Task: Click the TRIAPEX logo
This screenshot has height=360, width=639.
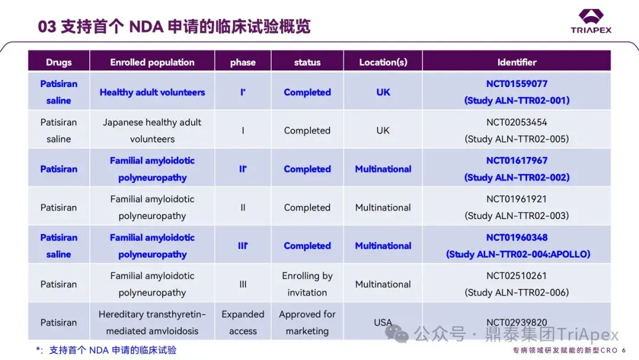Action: (x=590, y=21)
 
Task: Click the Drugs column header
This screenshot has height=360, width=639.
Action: (x=59, y=62)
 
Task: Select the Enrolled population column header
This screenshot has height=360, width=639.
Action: (x=152, y=62)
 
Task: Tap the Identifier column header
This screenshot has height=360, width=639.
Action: (x=517, y=62)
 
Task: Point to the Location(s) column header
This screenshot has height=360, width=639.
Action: (x=383, y=62)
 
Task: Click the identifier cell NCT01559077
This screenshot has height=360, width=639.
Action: (x=517, y=92)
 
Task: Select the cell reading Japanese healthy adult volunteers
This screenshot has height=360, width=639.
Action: (x=152, y=130)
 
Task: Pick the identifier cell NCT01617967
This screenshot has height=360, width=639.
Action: (x=517, y=169)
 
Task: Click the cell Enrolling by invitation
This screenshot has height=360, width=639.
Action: (x=307, y=284)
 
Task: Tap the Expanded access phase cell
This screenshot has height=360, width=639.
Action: (x=243, y=323)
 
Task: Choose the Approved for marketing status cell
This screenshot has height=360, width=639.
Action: (x=307, y=323)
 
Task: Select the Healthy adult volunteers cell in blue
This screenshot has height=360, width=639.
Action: (x=152, y=92)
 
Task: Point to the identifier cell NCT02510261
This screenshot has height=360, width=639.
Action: (x=517, y=284)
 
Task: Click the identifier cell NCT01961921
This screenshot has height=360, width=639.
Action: (x=517, y=207)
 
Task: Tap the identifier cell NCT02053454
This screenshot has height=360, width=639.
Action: (x=517, y=130)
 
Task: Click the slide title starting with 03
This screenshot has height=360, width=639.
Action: (x=174, y=27)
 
